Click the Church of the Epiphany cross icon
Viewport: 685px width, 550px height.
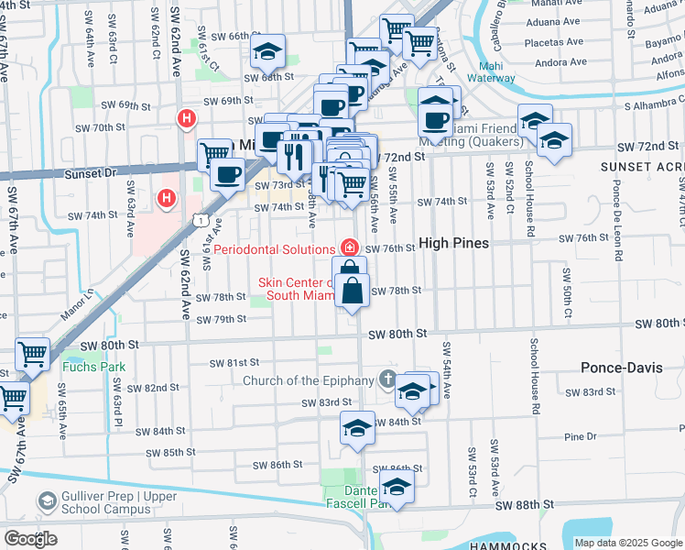pyautogui.click(x=387, y=379)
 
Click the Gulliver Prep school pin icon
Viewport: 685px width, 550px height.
pyautogui.click(x=47, y=501)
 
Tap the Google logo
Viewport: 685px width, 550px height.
pyautogui.click(x=30, y=539)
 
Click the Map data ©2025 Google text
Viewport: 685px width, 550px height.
pyautogui.click(x=627, y=543)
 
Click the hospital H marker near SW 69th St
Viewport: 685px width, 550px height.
pyautogui.click(x=187, y=118)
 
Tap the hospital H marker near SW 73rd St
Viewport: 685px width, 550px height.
pyautogui.click(x=167, y=197)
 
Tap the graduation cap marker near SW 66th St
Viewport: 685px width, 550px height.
pyautogui.click(x=267, y=51)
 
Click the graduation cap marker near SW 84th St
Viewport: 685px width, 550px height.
pyautogui.click(x=357, y=428)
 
